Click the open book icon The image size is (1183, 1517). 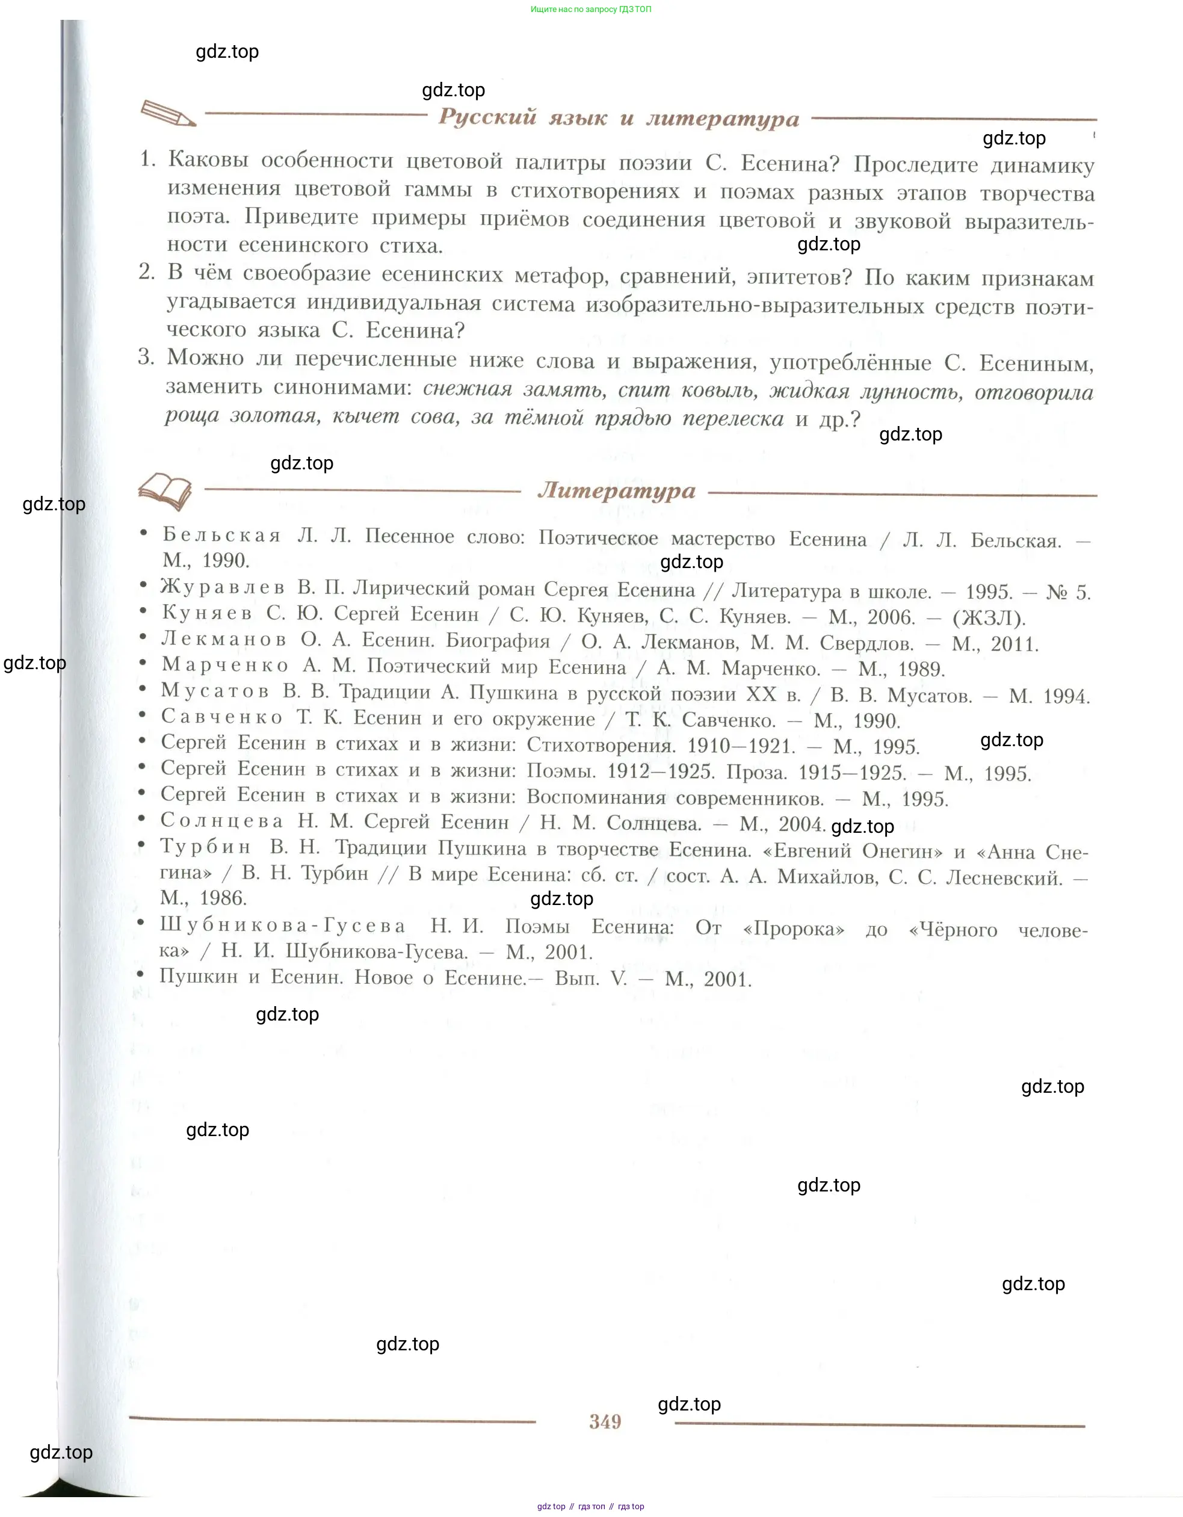pos(165,491)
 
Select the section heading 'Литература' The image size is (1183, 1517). pos(616,490)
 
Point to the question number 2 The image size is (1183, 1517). pos(147,271)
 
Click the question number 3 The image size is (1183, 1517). pos(146,357)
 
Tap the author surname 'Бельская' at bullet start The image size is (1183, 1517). pos(221,535)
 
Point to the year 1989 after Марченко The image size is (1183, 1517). pos(921,670)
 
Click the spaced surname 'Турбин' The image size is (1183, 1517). pos(205,846)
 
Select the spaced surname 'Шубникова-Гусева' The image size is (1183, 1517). pos(283,925)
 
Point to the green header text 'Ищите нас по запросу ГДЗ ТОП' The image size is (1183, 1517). pos(590,9)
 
